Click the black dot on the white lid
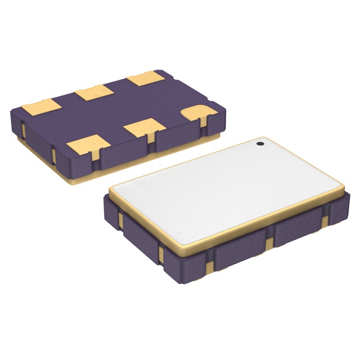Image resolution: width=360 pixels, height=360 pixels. point(260,145)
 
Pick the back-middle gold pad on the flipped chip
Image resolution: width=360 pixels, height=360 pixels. point(92,92)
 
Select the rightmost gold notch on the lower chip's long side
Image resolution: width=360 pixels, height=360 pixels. point(326,219)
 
